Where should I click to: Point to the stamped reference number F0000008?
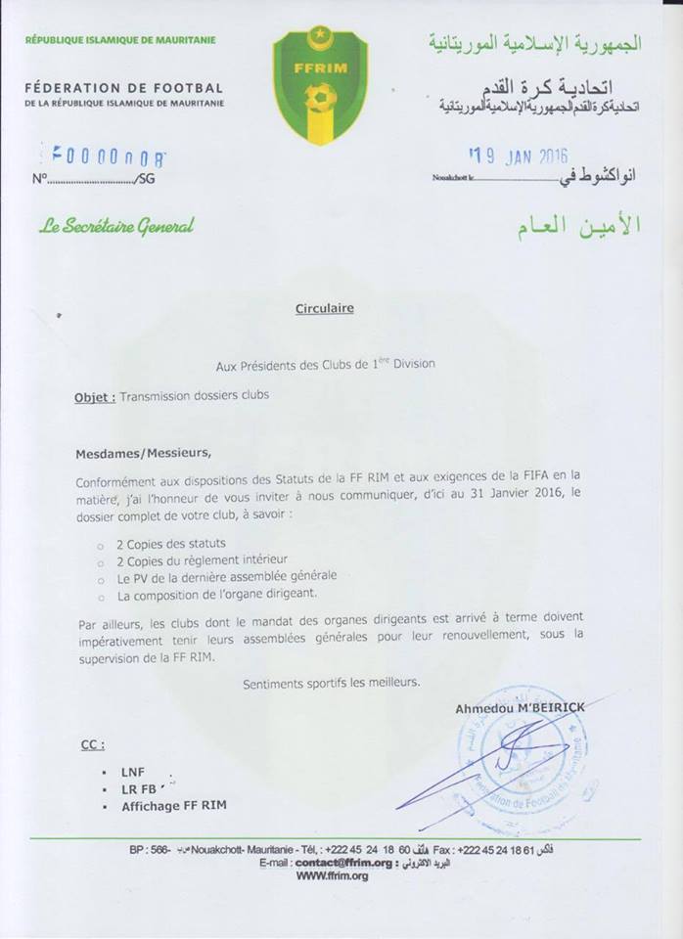pyautogui.click(x=108, y=156)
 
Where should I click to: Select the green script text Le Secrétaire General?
pyautogui.click(x=116, y=226)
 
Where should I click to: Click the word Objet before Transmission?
pyautogui.click(x=94, y=398)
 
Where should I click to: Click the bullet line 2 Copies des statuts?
pyautogui.click(x=172, y=543)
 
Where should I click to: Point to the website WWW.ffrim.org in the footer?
pyautogui.click(x=332, y=876)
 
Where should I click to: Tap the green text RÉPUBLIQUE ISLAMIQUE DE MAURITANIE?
pyautogui.click(x=120, y=40)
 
